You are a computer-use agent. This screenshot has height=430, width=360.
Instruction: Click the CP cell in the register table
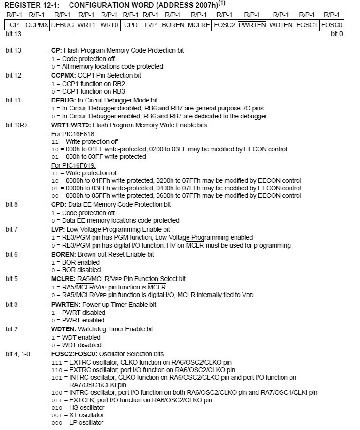(x=14, y=24)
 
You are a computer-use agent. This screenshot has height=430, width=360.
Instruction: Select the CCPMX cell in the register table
(x=37, y=24)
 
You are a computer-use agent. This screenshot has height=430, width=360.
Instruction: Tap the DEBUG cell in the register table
(x=62, y=24)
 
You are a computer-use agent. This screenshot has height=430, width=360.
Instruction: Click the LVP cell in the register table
(x=150, y=24)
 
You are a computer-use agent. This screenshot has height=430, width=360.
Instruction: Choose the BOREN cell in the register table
(x=172, y=24)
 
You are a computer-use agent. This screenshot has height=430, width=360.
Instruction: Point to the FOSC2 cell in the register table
(x=224, y=24)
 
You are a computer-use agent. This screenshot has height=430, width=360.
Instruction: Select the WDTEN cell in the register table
(x=281, y=24)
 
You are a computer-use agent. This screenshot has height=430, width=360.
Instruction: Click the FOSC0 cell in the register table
(x=332, y=24)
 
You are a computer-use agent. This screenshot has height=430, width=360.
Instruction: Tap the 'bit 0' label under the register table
(x=337, y=34)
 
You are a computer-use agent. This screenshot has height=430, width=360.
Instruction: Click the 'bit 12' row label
(x=13, y=75)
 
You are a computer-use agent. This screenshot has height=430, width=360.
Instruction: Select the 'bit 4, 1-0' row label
(x=18, y=354)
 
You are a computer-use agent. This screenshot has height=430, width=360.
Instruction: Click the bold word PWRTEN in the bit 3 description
(x=66, y=305)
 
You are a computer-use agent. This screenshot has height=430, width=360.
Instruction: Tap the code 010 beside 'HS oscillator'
(x=56, y=407)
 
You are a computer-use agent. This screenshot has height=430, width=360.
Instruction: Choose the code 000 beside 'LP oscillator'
(x=56, y=422)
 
